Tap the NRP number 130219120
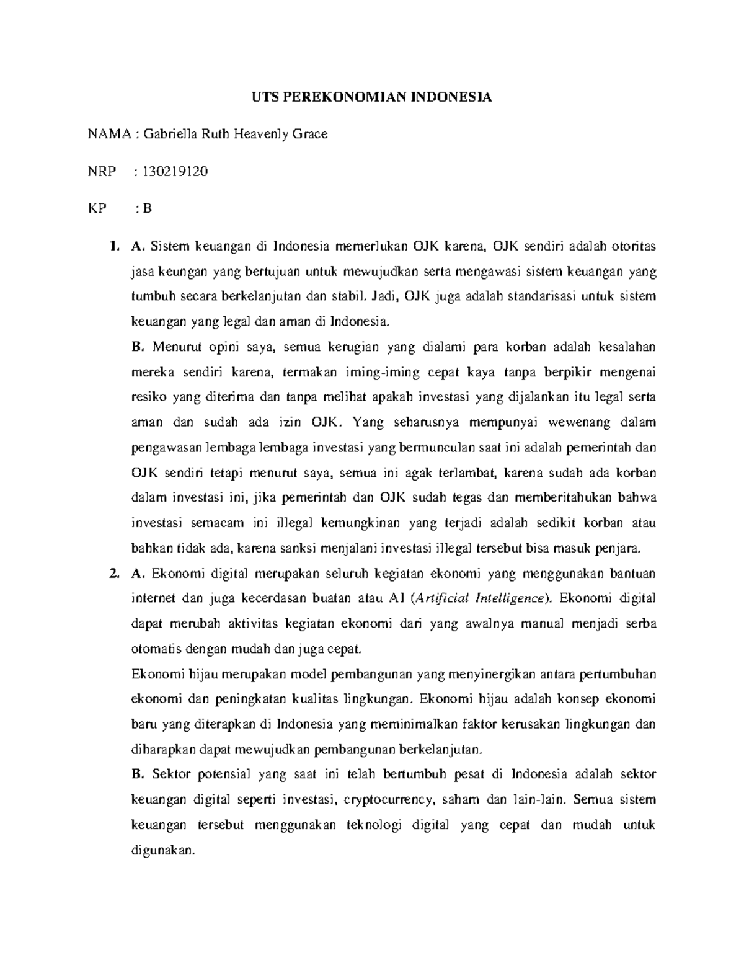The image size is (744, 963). click(175, 171)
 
